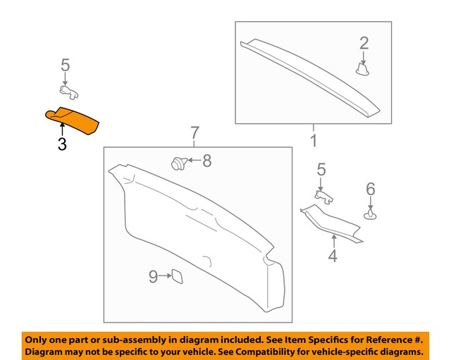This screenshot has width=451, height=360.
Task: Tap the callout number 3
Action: point(62,145)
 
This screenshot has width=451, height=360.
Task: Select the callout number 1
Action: point(313,140)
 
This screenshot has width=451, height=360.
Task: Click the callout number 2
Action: point(364,43)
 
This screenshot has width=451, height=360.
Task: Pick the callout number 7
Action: point(195,132)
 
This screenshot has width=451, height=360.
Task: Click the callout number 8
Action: point(206,161)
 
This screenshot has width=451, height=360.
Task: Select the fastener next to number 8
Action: point(178,163)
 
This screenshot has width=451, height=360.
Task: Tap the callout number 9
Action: point(152,277)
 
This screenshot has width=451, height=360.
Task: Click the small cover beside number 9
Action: point(177,277)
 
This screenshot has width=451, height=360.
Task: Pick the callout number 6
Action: point(371,188)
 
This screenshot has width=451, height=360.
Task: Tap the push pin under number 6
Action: point(371,212)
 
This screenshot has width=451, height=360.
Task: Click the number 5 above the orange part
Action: point(65,66)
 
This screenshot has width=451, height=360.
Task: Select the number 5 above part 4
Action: point(321,169)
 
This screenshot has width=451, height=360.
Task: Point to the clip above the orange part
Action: point(67,90)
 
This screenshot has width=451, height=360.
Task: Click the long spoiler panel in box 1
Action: point(310,75)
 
